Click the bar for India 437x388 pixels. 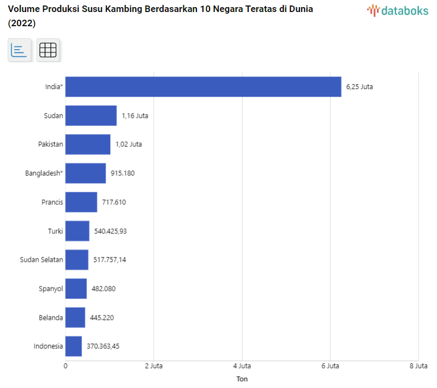coord(203,86)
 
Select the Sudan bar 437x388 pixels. coord(91,115)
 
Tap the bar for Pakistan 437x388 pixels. coord(87,144)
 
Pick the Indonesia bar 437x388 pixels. coord(73,346)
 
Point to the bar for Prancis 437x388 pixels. coord(81,202)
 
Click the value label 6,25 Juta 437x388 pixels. coord(360,86)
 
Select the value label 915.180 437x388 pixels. coord(122,173)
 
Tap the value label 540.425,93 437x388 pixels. coord(110,231)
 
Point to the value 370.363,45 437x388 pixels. coord(103,346)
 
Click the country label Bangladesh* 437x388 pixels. coord(44,173)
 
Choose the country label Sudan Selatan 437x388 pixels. coord(41,260)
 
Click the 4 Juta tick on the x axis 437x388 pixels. coord(242,366)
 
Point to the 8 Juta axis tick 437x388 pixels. coord(418,366)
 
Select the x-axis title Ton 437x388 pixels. coord(242,379)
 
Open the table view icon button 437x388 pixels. coord(48,50)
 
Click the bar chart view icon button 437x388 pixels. coord(19,50)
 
